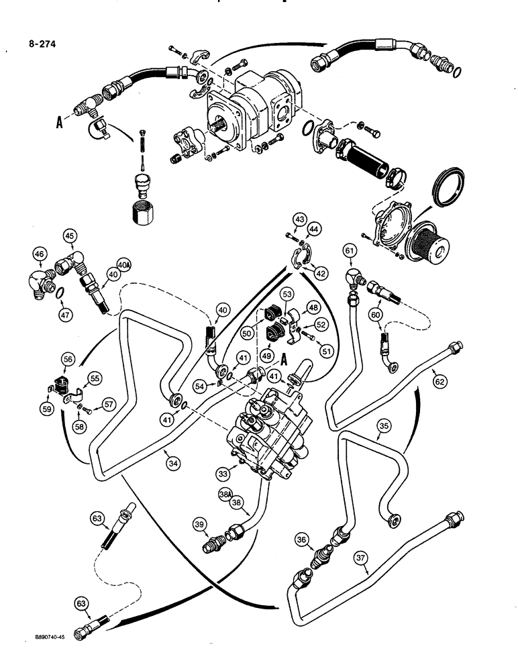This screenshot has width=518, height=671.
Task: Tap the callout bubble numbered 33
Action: click(x=223, y=473)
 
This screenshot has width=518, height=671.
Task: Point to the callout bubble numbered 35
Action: click(x=384, y=425)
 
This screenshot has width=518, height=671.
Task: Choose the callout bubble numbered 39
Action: click(x=200, y=525)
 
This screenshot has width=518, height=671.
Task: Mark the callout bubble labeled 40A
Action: click(x=123, y=265)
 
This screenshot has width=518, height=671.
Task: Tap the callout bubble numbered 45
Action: click(x=70, y=236)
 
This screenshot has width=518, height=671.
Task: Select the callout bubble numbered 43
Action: click(x=299, y=219)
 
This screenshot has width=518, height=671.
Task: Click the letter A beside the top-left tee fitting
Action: click(x=60, y=123)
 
